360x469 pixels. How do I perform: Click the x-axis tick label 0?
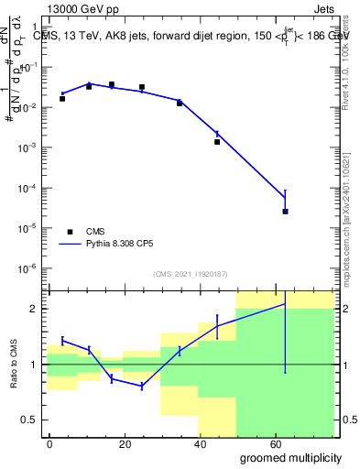[49, 443]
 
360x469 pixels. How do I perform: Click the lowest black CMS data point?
[286, 212]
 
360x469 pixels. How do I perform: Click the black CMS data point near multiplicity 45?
[217, 142]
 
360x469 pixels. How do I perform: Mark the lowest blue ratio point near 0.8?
[142, 387]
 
